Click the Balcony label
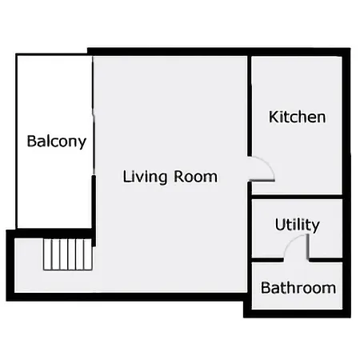57,142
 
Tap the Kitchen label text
297,117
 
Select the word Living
145,177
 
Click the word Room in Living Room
196,177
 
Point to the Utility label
297,225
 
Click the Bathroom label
298,288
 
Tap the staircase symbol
68,254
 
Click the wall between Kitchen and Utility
297,197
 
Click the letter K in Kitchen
273,117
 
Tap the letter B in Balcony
31,142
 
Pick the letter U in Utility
280,225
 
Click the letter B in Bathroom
266,288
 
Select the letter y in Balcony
82,143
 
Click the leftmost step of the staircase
47,254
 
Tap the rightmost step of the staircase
89,254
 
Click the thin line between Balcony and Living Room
94,115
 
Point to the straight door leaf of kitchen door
262,181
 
